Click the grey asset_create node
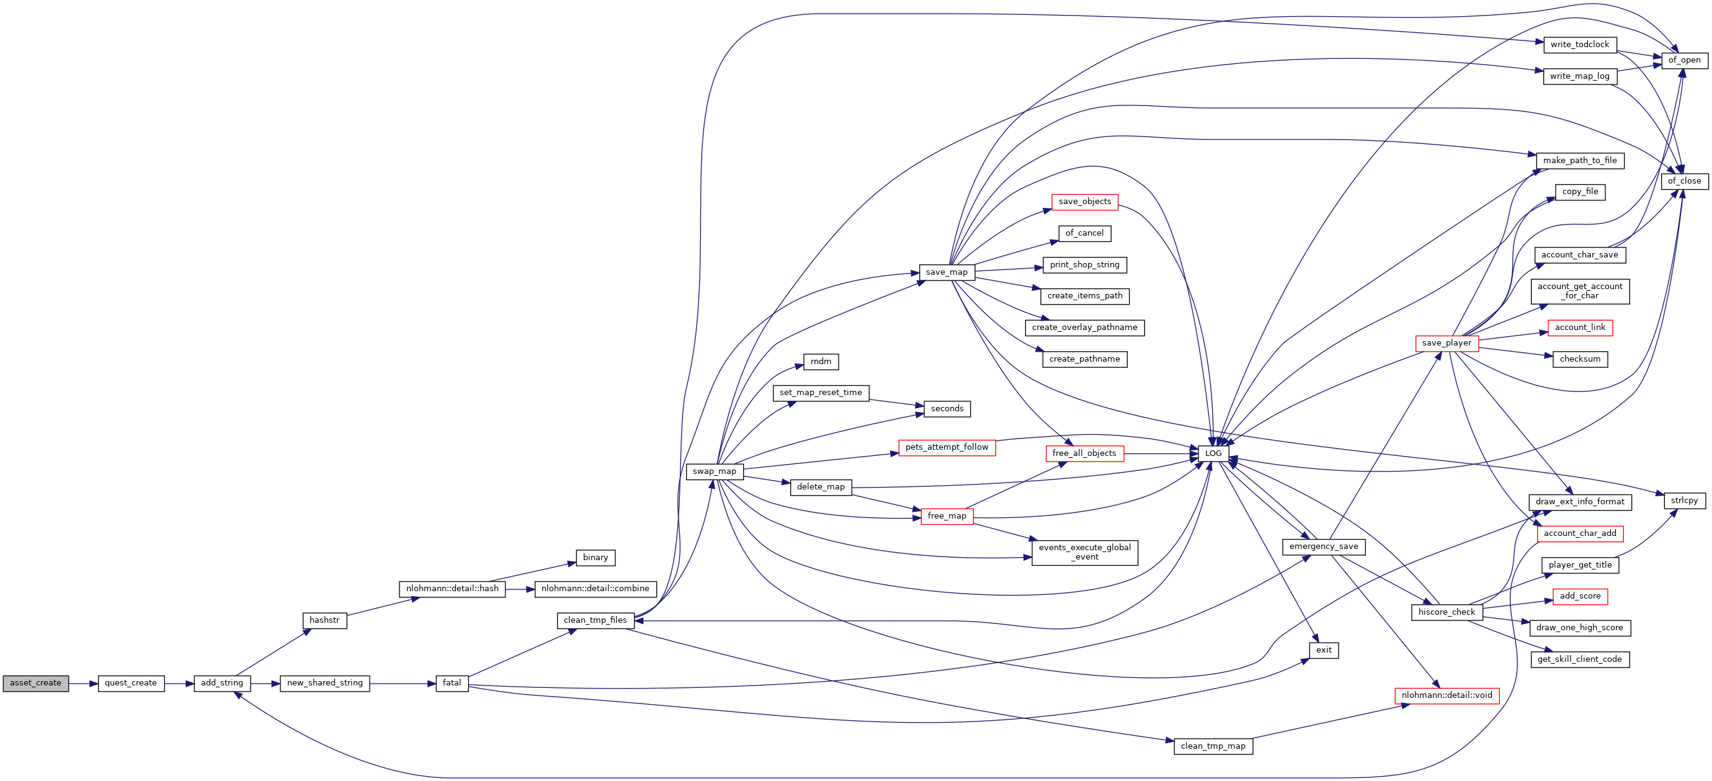coord(35,683)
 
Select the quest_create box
coord(131,683)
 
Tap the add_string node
coord(222,683)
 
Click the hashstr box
coord(324,621)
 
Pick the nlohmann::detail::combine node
coord(595,589)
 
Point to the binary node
coord(595,558)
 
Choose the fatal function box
coord(452,683)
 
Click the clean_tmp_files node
coord(595,621)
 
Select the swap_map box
coord(715,472)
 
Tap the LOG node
coord(1213,454)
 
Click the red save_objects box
coord(1085,202)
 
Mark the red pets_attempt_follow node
coord(947,447)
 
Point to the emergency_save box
coord(1323,547)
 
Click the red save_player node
coord(1446,344)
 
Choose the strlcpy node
coord(1684,501)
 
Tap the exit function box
coord(1323,650)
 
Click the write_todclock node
coord(1579,45)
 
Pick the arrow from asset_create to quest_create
coord(83,683)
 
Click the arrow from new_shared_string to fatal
coord(402,683)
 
